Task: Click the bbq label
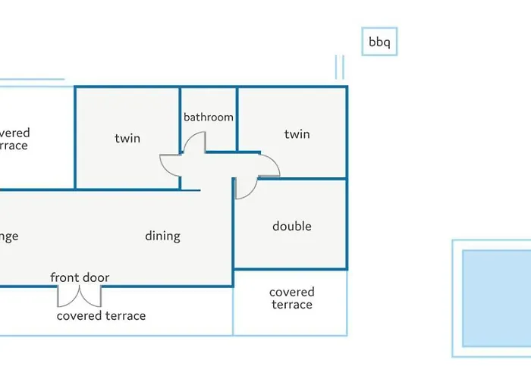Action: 379,42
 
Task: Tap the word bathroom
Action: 209,117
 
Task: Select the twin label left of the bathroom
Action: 127,138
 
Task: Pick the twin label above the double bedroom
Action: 297,134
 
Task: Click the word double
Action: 292,226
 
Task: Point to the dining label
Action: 162,236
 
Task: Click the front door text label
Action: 80,277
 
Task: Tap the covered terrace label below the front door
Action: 101,315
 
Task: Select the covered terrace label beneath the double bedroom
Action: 291,298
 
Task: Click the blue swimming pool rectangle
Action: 496,298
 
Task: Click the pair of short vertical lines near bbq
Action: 339,67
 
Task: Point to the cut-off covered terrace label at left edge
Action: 14,139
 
